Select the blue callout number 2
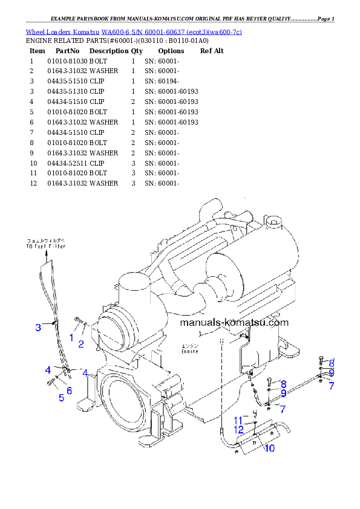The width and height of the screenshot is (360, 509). coord(80,344)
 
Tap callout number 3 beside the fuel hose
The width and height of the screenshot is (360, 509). coord(38,328)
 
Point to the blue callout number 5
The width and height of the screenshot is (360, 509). coord(61,397)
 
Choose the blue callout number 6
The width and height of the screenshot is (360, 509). coord(70,391)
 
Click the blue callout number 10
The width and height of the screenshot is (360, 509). coord(269,448)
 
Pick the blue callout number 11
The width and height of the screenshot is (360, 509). coord(238,420)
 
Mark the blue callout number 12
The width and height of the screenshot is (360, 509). coord(239,429)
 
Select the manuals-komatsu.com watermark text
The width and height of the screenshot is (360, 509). coord(234,322)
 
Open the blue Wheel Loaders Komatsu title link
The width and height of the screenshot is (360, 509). coord(134,31)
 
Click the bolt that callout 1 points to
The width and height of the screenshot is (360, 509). coord(77,320)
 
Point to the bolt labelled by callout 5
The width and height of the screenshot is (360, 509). coord(49,382)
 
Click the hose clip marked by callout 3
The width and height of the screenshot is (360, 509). coord(54,322)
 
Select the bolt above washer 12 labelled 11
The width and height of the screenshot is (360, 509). coord(255,413)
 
